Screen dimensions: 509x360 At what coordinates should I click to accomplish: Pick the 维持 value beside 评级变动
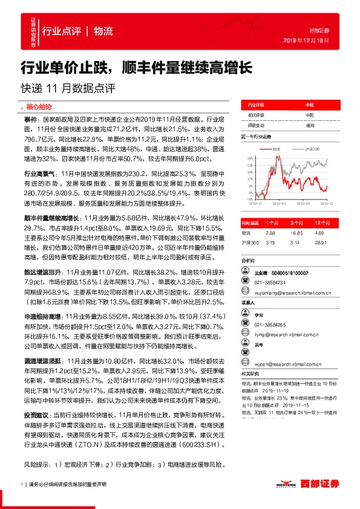[310, 125]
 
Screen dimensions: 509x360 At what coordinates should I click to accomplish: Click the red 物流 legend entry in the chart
[276, 148]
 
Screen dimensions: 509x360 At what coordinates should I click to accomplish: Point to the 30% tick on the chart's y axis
[250, 157]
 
